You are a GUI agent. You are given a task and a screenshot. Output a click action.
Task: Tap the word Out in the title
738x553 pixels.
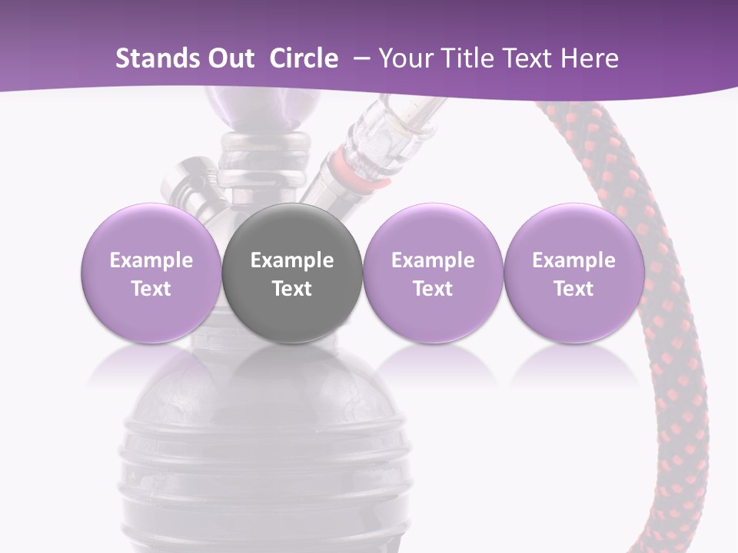[x=228, y=58]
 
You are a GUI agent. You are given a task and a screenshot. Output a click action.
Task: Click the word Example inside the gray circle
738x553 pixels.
[x=292, y=260]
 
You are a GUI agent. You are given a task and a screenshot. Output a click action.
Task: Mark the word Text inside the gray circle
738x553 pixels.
[x=292, y=289]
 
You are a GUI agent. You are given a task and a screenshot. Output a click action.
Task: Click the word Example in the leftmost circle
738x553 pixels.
[x=151, y=260]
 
